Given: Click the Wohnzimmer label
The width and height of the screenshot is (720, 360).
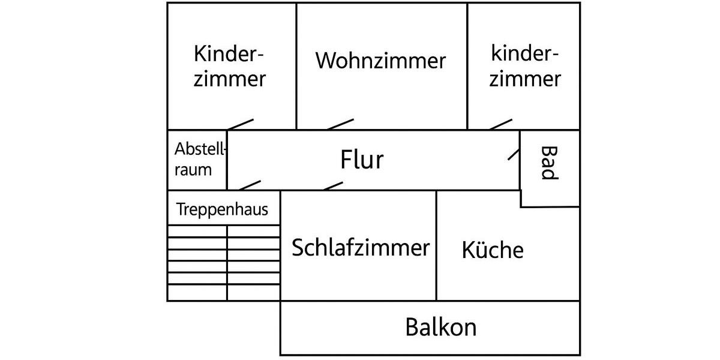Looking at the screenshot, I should pyautogui.click(x=381, y=61).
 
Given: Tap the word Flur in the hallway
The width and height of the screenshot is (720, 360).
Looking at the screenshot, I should pyautogui.click(x=362, y=160).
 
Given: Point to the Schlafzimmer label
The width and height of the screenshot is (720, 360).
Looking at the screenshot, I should pyautogui.click(x=361, y=247).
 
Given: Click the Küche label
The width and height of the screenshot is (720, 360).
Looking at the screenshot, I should pyautogui.click(x=493, y=250).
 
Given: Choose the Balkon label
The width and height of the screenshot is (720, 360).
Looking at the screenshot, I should pyautogui.click(x=441, y=328).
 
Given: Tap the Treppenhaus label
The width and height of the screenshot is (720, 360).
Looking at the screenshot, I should pyautogui.click(x=222, y=210).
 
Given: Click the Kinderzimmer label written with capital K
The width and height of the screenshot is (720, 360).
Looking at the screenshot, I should pyautogui.click(x=230, y=66).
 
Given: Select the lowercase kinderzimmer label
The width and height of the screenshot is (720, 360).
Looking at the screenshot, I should pyautogui.click(x=526, y=66).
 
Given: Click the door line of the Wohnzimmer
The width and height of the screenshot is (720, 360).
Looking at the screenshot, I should pyautogui.click(x=340, y=124).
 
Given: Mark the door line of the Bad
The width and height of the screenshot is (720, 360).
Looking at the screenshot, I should pyautogui.click(x=514, y=152).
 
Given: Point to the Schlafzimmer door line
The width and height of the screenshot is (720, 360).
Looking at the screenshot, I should pyautogui.click(x=333, y=185).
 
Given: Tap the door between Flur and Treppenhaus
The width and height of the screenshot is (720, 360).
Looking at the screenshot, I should pyautogui.click(x=250, y=185).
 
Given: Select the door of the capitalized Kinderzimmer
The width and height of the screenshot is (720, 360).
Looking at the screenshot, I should pyautogui.click(x=241, y=124).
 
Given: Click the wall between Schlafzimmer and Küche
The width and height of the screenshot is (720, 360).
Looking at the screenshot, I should pyautogui.click(x=436, y=246).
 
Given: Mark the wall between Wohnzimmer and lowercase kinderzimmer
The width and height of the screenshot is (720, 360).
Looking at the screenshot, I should pyautogui.click(x=467, y=66).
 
